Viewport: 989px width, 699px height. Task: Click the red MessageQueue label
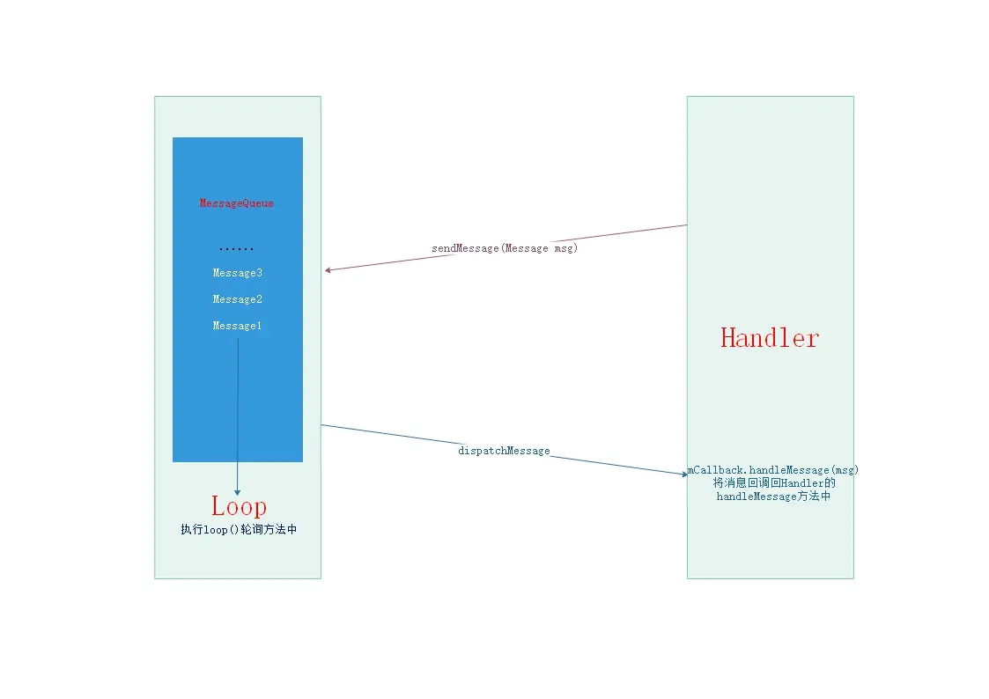click(237, 203)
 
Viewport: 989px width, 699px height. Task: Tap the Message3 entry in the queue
click(237, 273)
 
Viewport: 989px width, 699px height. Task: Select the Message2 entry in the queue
click(237, 299)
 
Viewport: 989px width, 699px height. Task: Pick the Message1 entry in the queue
click(237, 326)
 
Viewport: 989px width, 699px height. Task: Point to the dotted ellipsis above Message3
click(237, 250)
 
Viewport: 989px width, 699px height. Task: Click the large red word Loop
click(239, 506)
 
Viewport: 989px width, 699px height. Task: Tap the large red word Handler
click(770, 337)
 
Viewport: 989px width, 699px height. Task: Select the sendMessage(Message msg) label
click(505, 248)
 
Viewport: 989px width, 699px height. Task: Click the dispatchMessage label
click(504, 451)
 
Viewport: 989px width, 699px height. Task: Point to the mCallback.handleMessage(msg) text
click(773, 470)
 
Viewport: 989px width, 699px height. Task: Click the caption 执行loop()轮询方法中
click(239, 530)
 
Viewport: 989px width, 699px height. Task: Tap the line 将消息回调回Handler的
click(773, 483)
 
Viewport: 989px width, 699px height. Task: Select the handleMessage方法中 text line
click(773, 497)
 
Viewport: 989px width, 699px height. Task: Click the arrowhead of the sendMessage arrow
click(328, 270)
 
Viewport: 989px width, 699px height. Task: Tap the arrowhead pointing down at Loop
click(238, 491)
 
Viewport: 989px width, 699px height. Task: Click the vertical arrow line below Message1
click(238, 405)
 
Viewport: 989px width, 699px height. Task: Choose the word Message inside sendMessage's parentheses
click(526, 248)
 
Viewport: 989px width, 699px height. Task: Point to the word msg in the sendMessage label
click(564, 248)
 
